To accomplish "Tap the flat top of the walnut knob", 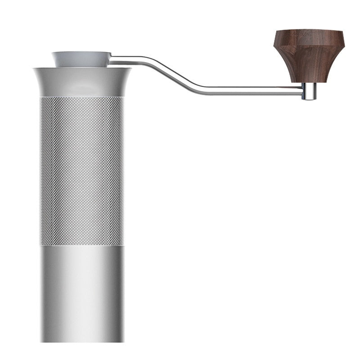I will (311, 32).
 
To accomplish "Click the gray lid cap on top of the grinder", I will (81, 59).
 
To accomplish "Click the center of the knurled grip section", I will (82, 171).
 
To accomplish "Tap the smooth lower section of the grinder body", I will (82, 292).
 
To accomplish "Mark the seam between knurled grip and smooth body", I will (82, 245).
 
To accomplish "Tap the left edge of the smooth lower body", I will (41, 292).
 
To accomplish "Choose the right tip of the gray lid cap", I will (110, 54).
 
